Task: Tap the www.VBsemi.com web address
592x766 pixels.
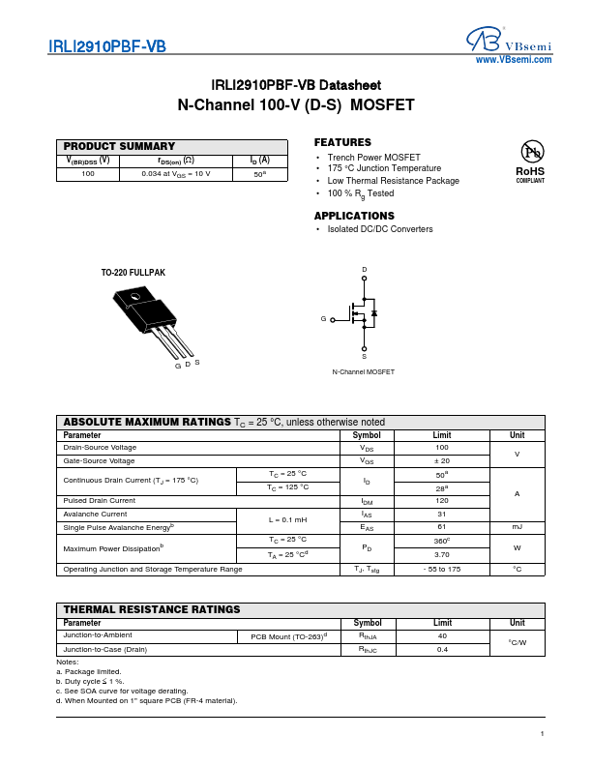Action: [514, 60]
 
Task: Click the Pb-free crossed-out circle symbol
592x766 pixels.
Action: [530, 152]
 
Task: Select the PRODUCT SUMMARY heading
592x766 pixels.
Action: [120, 146]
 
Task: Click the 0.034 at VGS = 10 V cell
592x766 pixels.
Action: [175, 174]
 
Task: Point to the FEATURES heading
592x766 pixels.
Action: [342, 142]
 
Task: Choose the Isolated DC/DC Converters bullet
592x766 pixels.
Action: [380, 229]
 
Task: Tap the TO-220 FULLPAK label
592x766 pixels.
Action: [133, 273]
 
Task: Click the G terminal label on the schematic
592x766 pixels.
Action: [323, 318]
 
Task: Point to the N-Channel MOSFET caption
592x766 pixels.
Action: [363, 372]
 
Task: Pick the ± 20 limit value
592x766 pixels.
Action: [442, 461]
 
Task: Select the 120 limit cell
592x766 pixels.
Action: [442, 500]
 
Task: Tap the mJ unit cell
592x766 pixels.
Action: [517, 527]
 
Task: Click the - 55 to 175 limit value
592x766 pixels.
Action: [442, 570]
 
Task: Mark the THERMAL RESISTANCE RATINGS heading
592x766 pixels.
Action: [152, 609]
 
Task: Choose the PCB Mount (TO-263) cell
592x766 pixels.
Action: [289, 635]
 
